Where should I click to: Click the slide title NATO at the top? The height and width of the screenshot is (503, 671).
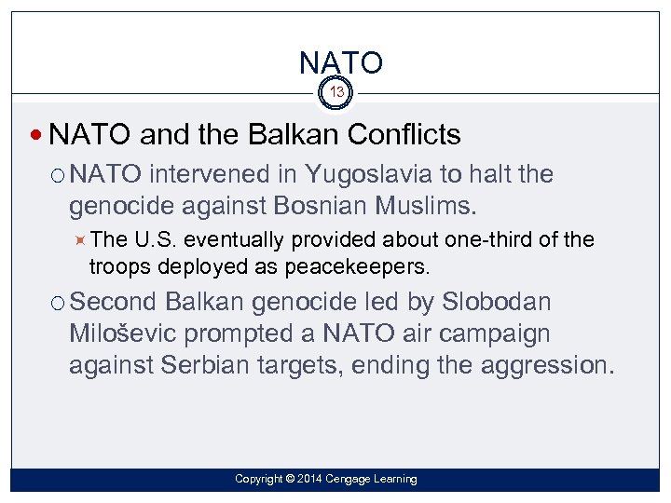[340, 63]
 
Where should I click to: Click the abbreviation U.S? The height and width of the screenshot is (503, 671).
[151, 240]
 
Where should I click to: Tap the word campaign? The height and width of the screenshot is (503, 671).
[497, 333]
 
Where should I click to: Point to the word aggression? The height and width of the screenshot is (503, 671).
[545, 364]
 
